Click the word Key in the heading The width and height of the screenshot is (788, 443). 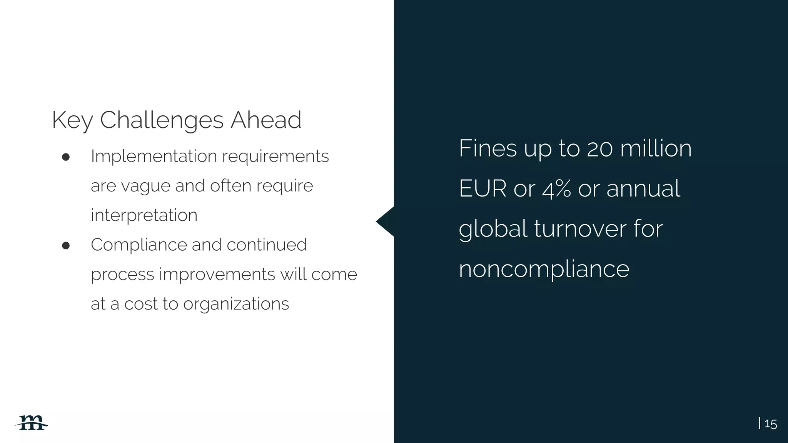tap(72, 120)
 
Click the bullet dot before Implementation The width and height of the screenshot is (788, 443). tap(66, 157)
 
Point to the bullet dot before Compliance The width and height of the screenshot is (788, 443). tap(66, 245)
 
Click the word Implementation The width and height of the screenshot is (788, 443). tap(154, 156)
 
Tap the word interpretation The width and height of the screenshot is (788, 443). tap(144, 215)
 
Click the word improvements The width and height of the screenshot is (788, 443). tap(217, 274)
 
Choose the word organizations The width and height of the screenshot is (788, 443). tap(236, 304)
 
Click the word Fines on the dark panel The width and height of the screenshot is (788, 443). tap(487, 148)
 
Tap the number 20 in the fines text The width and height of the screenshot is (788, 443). tap(600, 149)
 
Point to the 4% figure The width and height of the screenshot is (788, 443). tap(556, 189)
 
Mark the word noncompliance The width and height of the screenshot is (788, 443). tap(544, 269)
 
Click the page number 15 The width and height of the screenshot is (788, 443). tap(770, 424)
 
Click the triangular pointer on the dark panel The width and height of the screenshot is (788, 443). tap(386, 221)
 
